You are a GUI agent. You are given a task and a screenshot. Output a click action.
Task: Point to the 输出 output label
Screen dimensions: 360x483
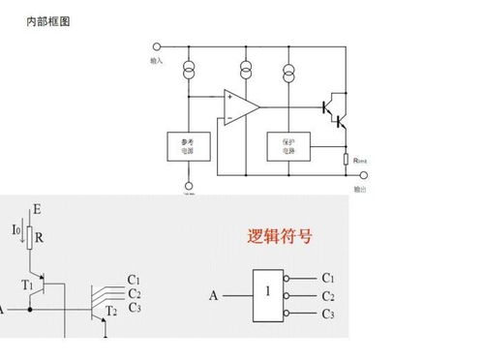coord(360,189)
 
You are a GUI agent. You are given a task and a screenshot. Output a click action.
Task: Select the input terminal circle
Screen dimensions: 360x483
coord(158,45)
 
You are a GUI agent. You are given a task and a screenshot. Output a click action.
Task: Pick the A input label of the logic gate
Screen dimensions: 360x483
coord(213,295)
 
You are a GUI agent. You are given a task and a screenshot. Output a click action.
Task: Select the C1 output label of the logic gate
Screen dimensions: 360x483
coord(328,277)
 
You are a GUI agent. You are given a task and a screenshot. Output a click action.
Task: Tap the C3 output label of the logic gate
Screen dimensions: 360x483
coord(328,315)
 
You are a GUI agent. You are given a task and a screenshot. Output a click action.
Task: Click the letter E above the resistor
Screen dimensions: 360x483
coord(36,208)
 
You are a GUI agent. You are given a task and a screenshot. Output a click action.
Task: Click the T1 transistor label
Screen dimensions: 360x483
coord(27,285)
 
